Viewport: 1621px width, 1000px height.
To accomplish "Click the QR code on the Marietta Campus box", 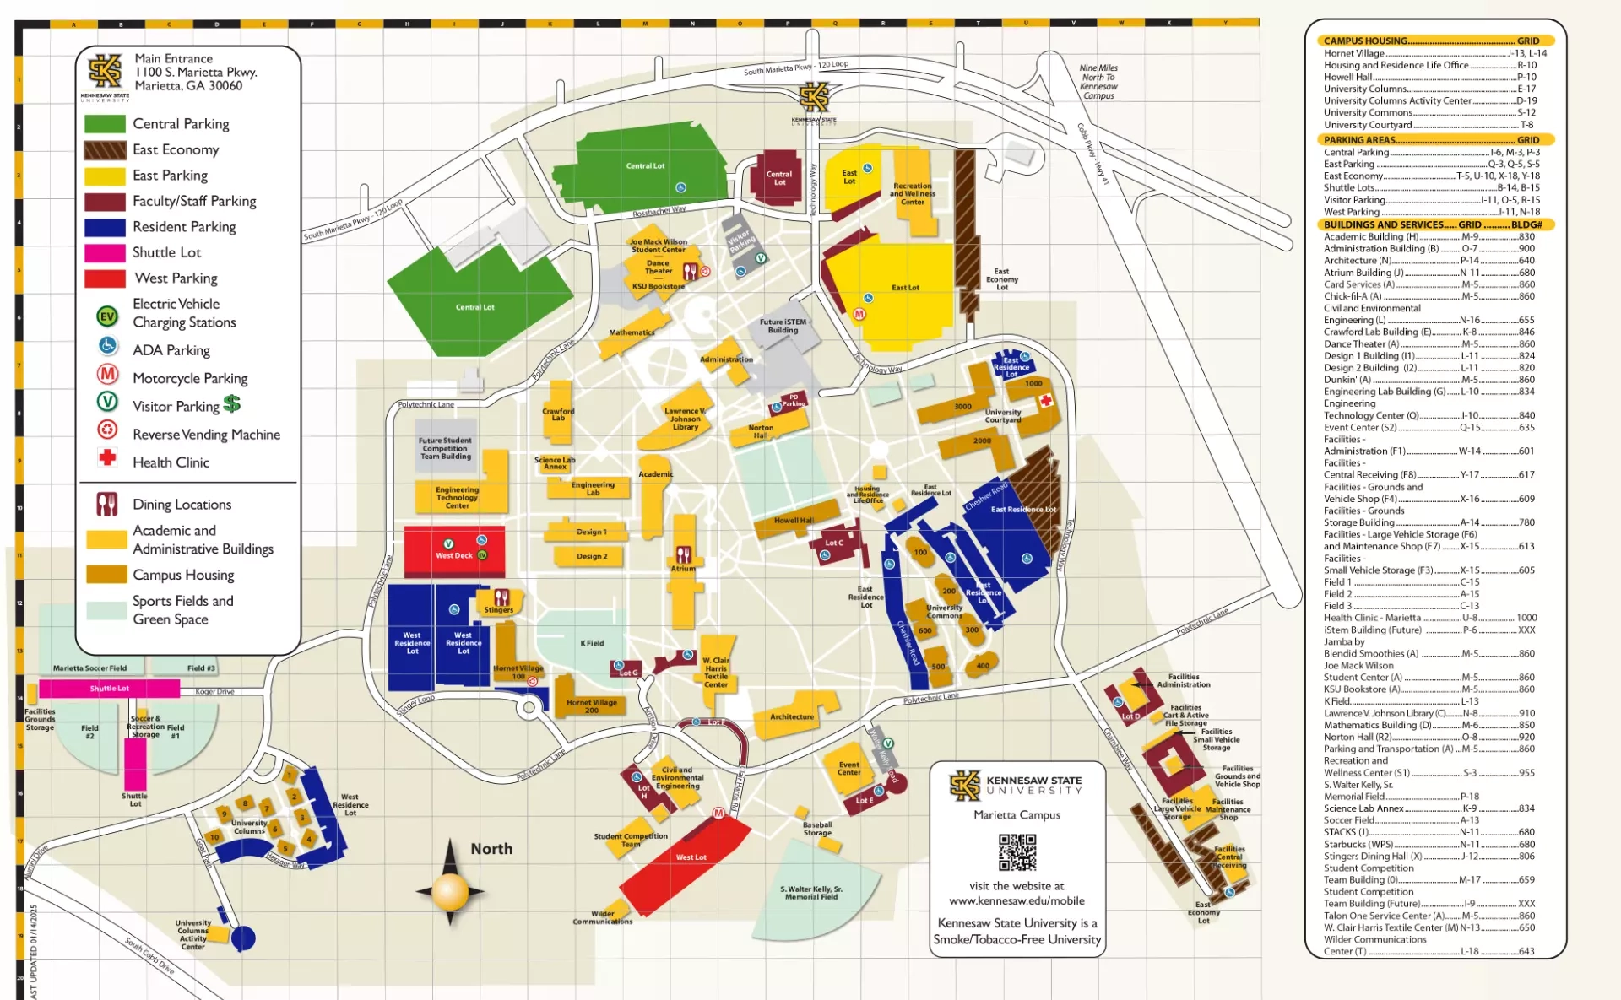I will [1017, 852].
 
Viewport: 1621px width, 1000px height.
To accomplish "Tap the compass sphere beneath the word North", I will [450, 890].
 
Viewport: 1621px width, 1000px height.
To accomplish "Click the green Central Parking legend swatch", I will [105, 124].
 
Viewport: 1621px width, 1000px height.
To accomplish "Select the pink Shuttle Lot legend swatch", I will [105, 252].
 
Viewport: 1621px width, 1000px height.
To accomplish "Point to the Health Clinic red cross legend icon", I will [107, 459].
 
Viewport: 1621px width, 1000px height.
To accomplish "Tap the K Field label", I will [592, 643].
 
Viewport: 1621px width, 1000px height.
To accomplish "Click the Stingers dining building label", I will [498, 609].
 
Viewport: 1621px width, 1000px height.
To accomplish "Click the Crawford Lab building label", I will [558, 414].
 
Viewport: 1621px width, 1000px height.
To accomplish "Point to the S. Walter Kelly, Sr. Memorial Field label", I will [810, 893].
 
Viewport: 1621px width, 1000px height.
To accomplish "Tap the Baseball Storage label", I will [817, 829].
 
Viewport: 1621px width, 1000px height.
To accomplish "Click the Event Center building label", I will [848, 769].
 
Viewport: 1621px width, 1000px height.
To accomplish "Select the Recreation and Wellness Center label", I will [913, 194].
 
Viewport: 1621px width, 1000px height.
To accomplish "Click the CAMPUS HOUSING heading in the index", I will [1365, 41].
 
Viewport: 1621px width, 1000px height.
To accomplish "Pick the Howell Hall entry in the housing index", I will [1347, 77].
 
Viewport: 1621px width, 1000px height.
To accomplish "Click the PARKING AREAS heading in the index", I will [1359, 140].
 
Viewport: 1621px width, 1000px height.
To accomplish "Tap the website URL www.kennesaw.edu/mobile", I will [1017, 901].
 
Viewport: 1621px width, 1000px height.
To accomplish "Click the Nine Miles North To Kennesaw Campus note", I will [1098, 82].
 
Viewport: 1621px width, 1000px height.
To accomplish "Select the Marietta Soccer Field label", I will [89, 668].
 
